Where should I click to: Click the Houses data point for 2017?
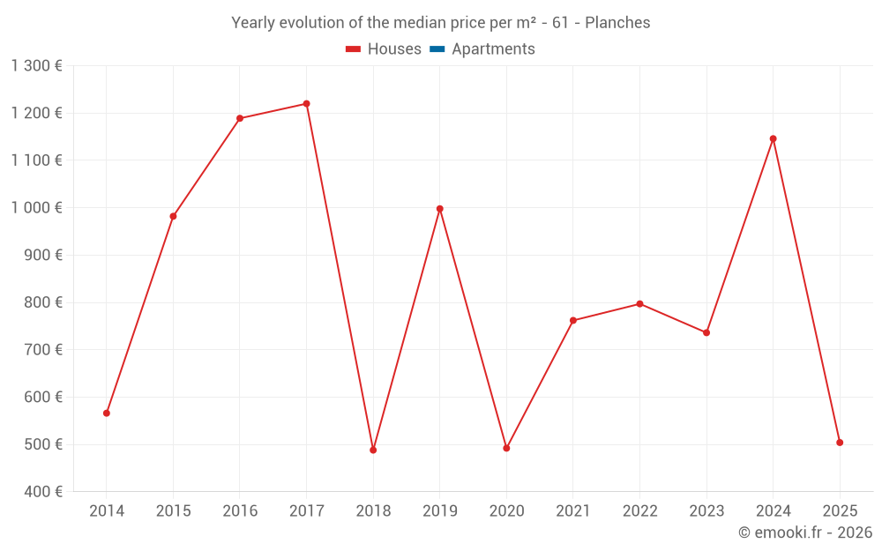tap(306, 104)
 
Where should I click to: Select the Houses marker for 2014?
tap(107, 413)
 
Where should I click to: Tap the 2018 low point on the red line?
tap(373, 450)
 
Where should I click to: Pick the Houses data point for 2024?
tap(773, 138)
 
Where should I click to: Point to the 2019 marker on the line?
tap(439, 209)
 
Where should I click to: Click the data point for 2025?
tap(840, 443)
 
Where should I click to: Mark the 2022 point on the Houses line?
tap(639, 304)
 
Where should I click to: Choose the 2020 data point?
tap(506, 448)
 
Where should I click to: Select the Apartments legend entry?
tap(493, 49)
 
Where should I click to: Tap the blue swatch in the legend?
tap(437, 49)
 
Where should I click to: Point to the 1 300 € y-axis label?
tap(36, 65)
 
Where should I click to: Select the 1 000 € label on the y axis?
tap(36, 207)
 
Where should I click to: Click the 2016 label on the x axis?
tap(240, 510)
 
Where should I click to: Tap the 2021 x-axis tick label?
tap(572, 510)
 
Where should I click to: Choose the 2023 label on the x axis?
tap(706, 510)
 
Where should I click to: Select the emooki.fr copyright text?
tap(804, 532)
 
